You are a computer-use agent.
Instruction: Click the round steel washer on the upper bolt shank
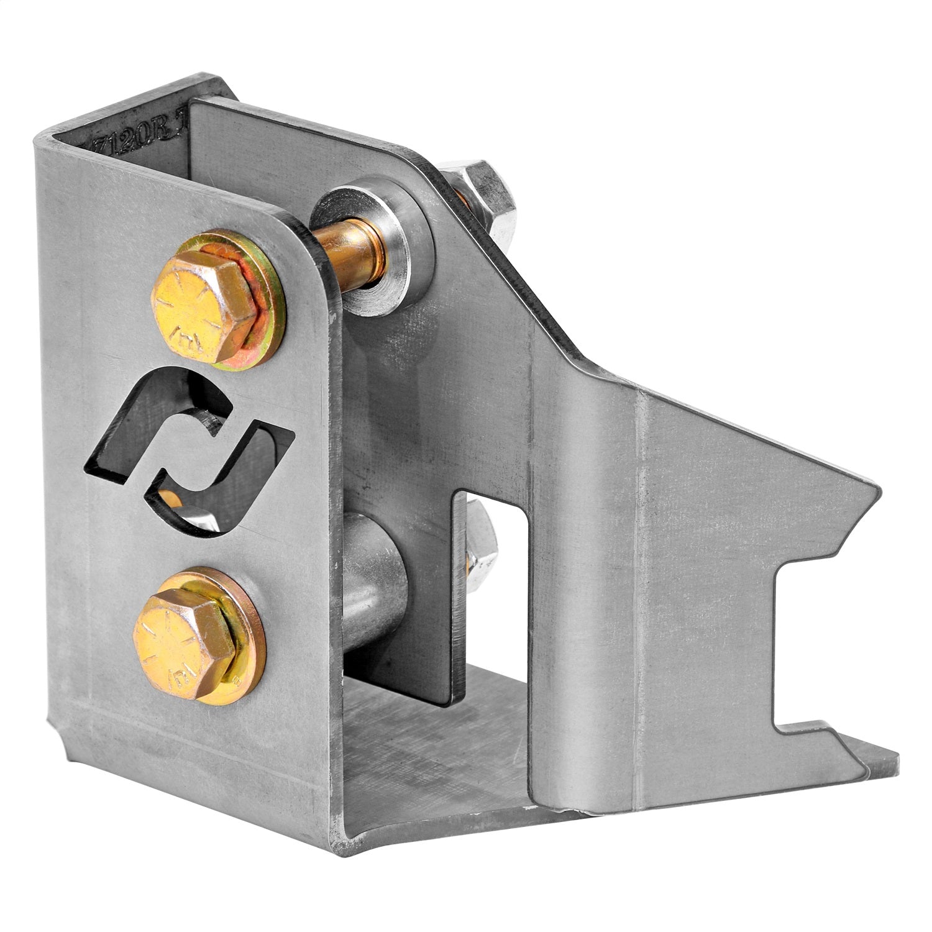(373, 242)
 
